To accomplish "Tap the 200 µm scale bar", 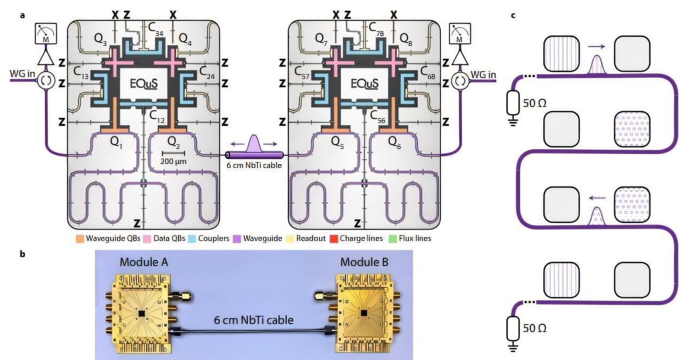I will (x=173, y=154).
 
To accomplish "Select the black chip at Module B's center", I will (x=363, y=312).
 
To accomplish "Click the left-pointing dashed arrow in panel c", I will (x=597, y=197).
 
